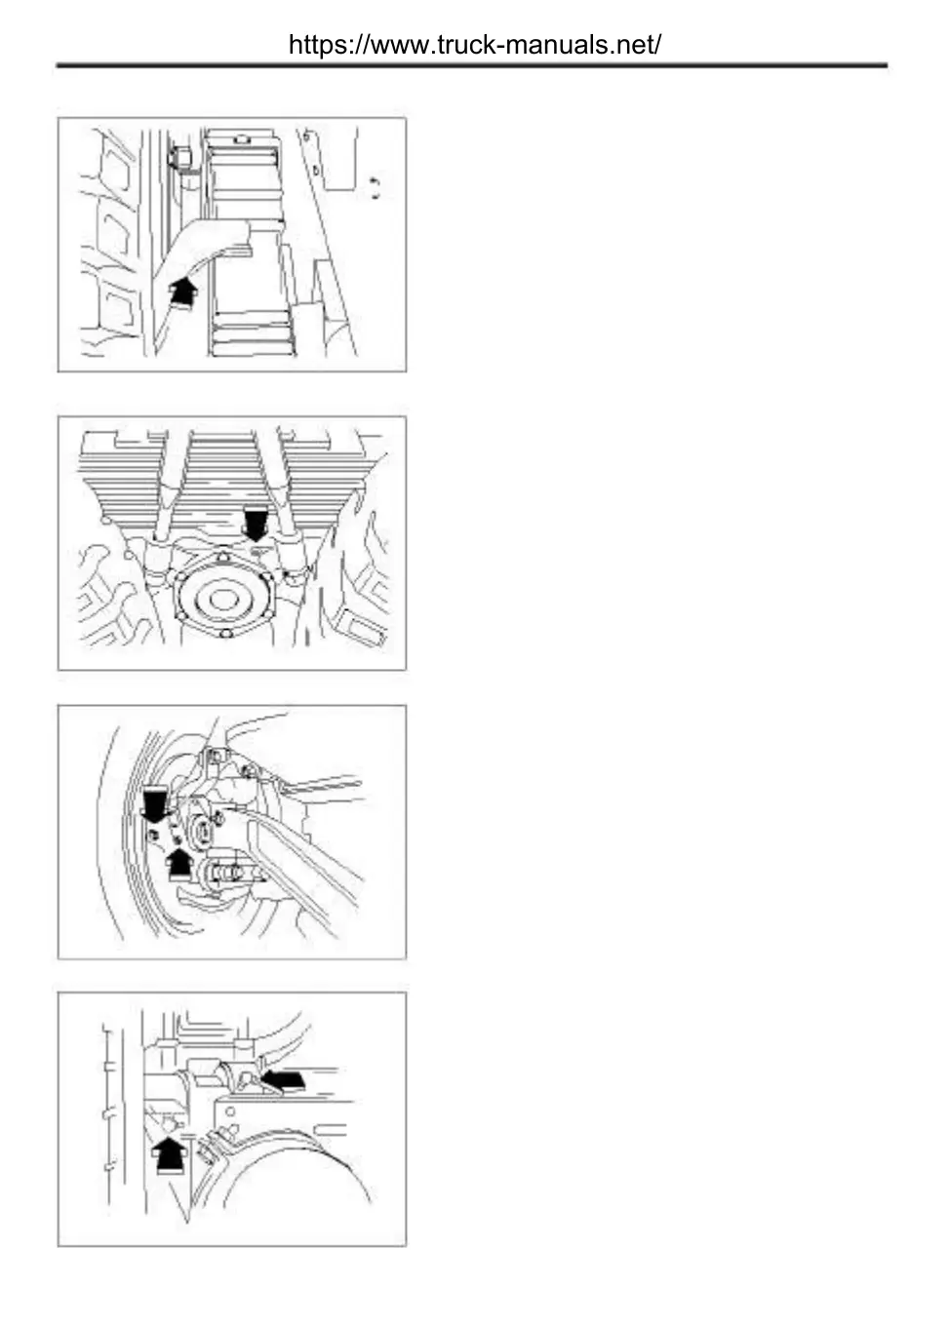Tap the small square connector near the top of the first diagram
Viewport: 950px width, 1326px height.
pyautogui.click(x=178, y=156)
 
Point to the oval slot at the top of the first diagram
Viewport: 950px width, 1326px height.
pyautogui.click(x=240, y=137)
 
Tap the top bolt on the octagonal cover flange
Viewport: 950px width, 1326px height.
pyautogui.click(x=223, y=557)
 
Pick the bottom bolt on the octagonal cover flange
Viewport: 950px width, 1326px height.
pyautogui.click(x=226, y=637)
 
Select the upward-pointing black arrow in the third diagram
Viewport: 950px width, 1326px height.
pyautogui.click(x=179, y=863)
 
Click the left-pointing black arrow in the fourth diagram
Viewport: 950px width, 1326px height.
pyautogui.click(x=286, y=1078)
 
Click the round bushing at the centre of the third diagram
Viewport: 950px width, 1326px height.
pyautogui.click(x=204, y=832)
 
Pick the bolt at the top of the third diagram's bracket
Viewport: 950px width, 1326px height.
pyautogui.click(x=215, y=756)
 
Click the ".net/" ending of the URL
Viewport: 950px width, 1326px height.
pyautogui.click(x=639, y=45)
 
